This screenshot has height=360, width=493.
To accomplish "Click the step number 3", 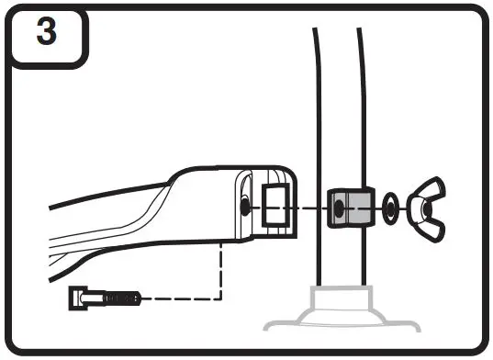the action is (45, 34).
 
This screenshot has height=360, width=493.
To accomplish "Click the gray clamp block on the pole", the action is (350, 208).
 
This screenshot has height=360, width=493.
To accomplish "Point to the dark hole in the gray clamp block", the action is (340, 209).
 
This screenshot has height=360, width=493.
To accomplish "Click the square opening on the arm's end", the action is (276, 204).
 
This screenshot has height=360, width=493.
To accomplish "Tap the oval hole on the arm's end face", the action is (244, 207).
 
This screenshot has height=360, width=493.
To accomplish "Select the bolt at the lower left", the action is (106, 298).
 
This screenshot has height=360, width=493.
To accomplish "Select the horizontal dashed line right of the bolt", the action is (184, 298).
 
